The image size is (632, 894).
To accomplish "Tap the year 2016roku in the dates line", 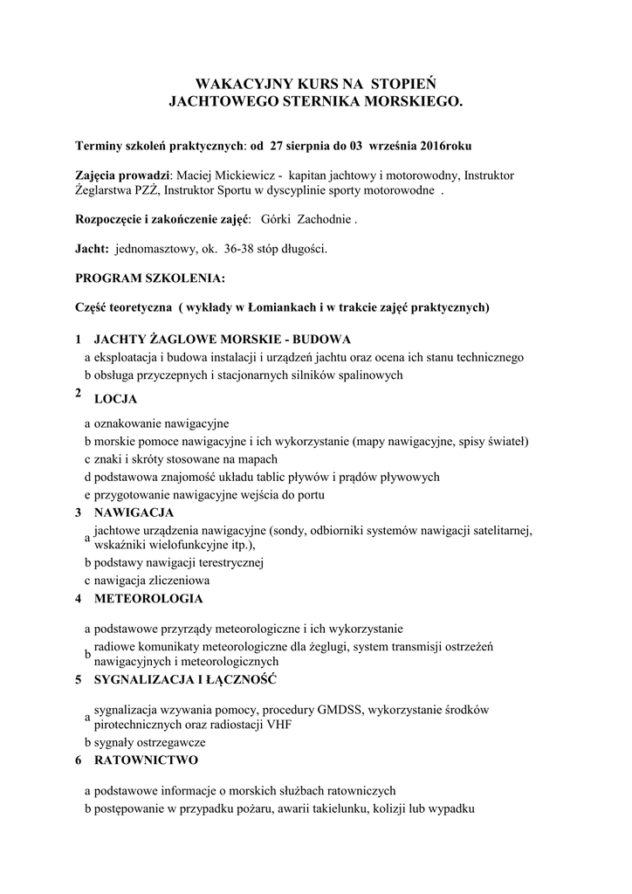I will click(x=449, y=144).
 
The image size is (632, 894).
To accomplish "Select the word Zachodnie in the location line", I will click(x=324, y=220).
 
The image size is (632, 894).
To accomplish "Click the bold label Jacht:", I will click(x=92, y=250).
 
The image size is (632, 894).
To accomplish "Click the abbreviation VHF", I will click(x=301, y=724).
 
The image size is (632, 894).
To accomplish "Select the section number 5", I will click(x=79, y=679).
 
